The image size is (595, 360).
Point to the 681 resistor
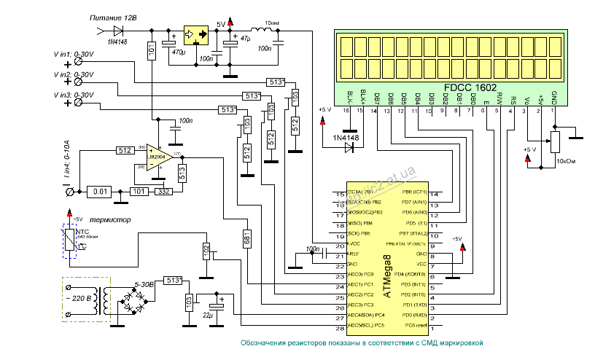[248, 238]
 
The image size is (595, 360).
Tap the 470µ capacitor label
[178, 52]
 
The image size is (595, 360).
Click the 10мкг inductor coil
[252, 31]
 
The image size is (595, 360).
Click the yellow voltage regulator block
[195, 34]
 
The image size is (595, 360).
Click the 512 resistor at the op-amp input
[123, 151]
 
